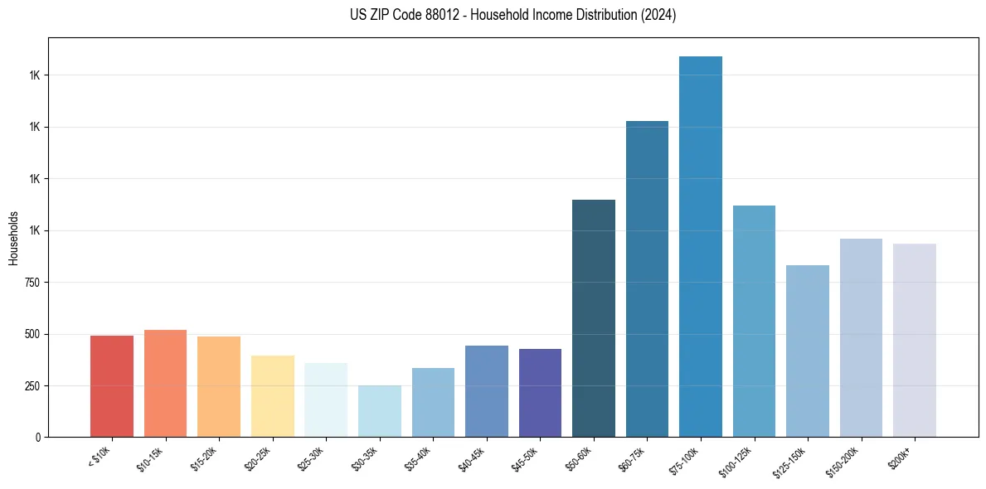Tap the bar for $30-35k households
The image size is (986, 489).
click(379, 411)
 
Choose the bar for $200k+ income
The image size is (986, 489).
click(914, 340)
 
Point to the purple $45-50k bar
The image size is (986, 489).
click(540, 393)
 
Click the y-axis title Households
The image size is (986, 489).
click(13, 238)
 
